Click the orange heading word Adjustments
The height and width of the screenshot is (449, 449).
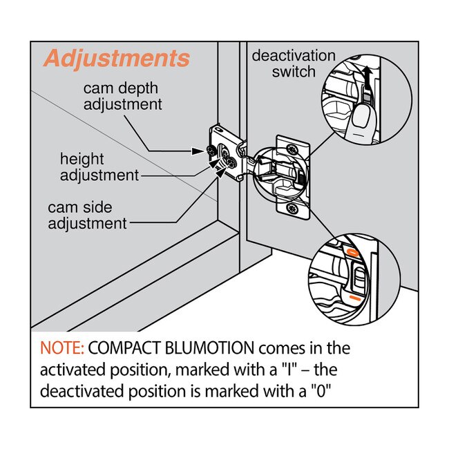tap(116, 59)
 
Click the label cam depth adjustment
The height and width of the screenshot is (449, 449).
tap(123, 97)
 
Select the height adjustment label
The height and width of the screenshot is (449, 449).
tap(99, 167)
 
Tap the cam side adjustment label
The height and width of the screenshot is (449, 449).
tap(87, 215)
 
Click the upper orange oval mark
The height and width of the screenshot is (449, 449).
tap(352, 253)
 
